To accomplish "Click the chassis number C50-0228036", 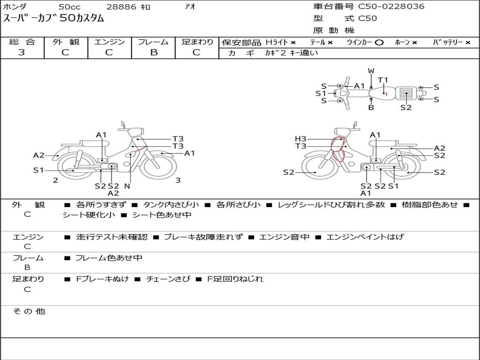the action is click(391, 7).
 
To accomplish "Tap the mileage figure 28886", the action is click(121, 7).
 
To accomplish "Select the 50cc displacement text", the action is click(69, 7).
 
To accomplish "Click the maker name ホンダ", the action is click(15, 7).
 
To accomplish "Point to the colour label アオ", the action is click(190, 7).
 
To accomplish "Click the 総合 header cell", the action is click(22, 42).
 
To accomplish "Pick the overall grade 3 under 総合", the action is click(22, 52).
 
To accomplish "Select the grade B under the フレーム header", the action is click(153, 52).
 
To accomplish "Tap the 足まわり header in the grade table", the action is click(197, 42).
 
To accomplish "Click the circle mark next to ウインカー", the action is click(379, 43).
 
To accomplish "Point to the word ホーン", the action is click(402, 43).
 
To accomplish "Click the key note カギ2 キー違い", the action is click(291, 53).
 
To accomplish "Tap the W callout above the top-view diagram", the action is click(371, 71).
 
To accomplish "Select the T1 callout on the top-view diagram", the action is click(383, 80).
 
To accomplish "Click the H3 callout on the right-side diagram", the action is click(300, 139).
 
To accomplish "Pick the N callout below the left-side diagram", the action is click(127, 186).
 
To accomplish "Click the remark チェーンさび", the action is click(168, 279).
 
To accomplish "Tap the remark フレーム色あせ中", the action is click(109, 258).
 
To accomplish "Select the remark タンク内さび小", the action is click(171, 205).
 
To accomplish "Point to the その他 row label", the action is click(29, 311).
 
